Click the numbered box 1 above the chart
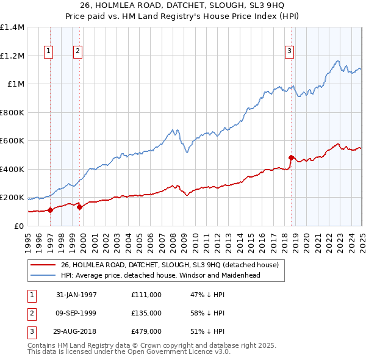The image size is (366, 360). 48,52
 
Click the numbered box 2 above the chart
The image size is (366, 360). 77,52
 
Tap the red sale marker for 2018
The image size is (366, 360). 291,158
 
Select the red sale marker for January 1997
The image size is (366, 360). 51,211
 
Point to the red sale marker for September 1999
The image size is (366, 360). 80,207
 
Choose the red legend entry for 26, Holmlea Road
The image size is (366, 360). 169,265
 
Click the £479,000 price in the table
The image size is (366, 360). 146,331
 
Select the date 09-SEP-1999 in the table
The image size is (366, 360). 76,313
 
